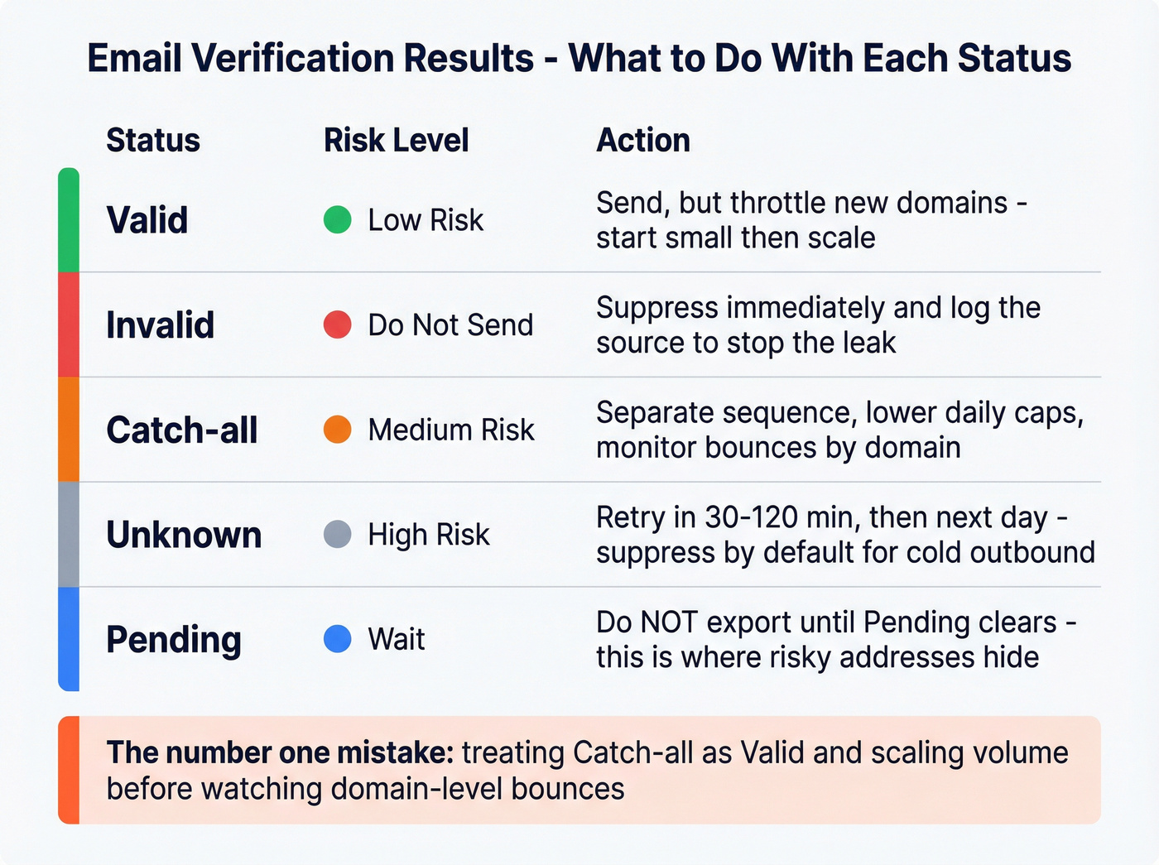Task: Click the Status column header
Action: (x=153, y=140)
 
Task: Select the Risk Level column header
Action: (x=396, y=140)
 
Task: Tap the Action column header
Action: (x=643, y=140)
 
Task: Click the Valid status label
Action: (x=147, y=220)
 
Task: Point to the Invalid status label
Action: (x=161, y=324)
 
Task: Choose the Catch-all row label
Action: (x=182, y=430)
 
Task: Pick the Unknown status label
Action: (x=184, y=535)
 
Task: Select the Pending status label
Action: (x=174, y=640)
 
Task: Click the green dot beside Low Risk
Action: (x=338, y=220)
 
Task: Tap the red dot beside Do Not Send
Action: (x=338, y=324)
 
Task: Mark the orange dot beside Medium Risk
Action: (x=338, y=430)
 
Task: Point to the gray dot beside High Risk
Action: (x=338, y=535)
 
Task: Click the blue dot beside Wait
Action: (x=338, y=639)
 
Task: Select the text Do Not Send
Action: (x=450, y=325)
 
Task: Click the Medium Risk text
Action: (x=451, y=430)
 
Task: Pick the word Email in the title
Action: (x=133, y=59)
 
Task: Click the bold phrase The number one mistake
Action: (x=280, y=753)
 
